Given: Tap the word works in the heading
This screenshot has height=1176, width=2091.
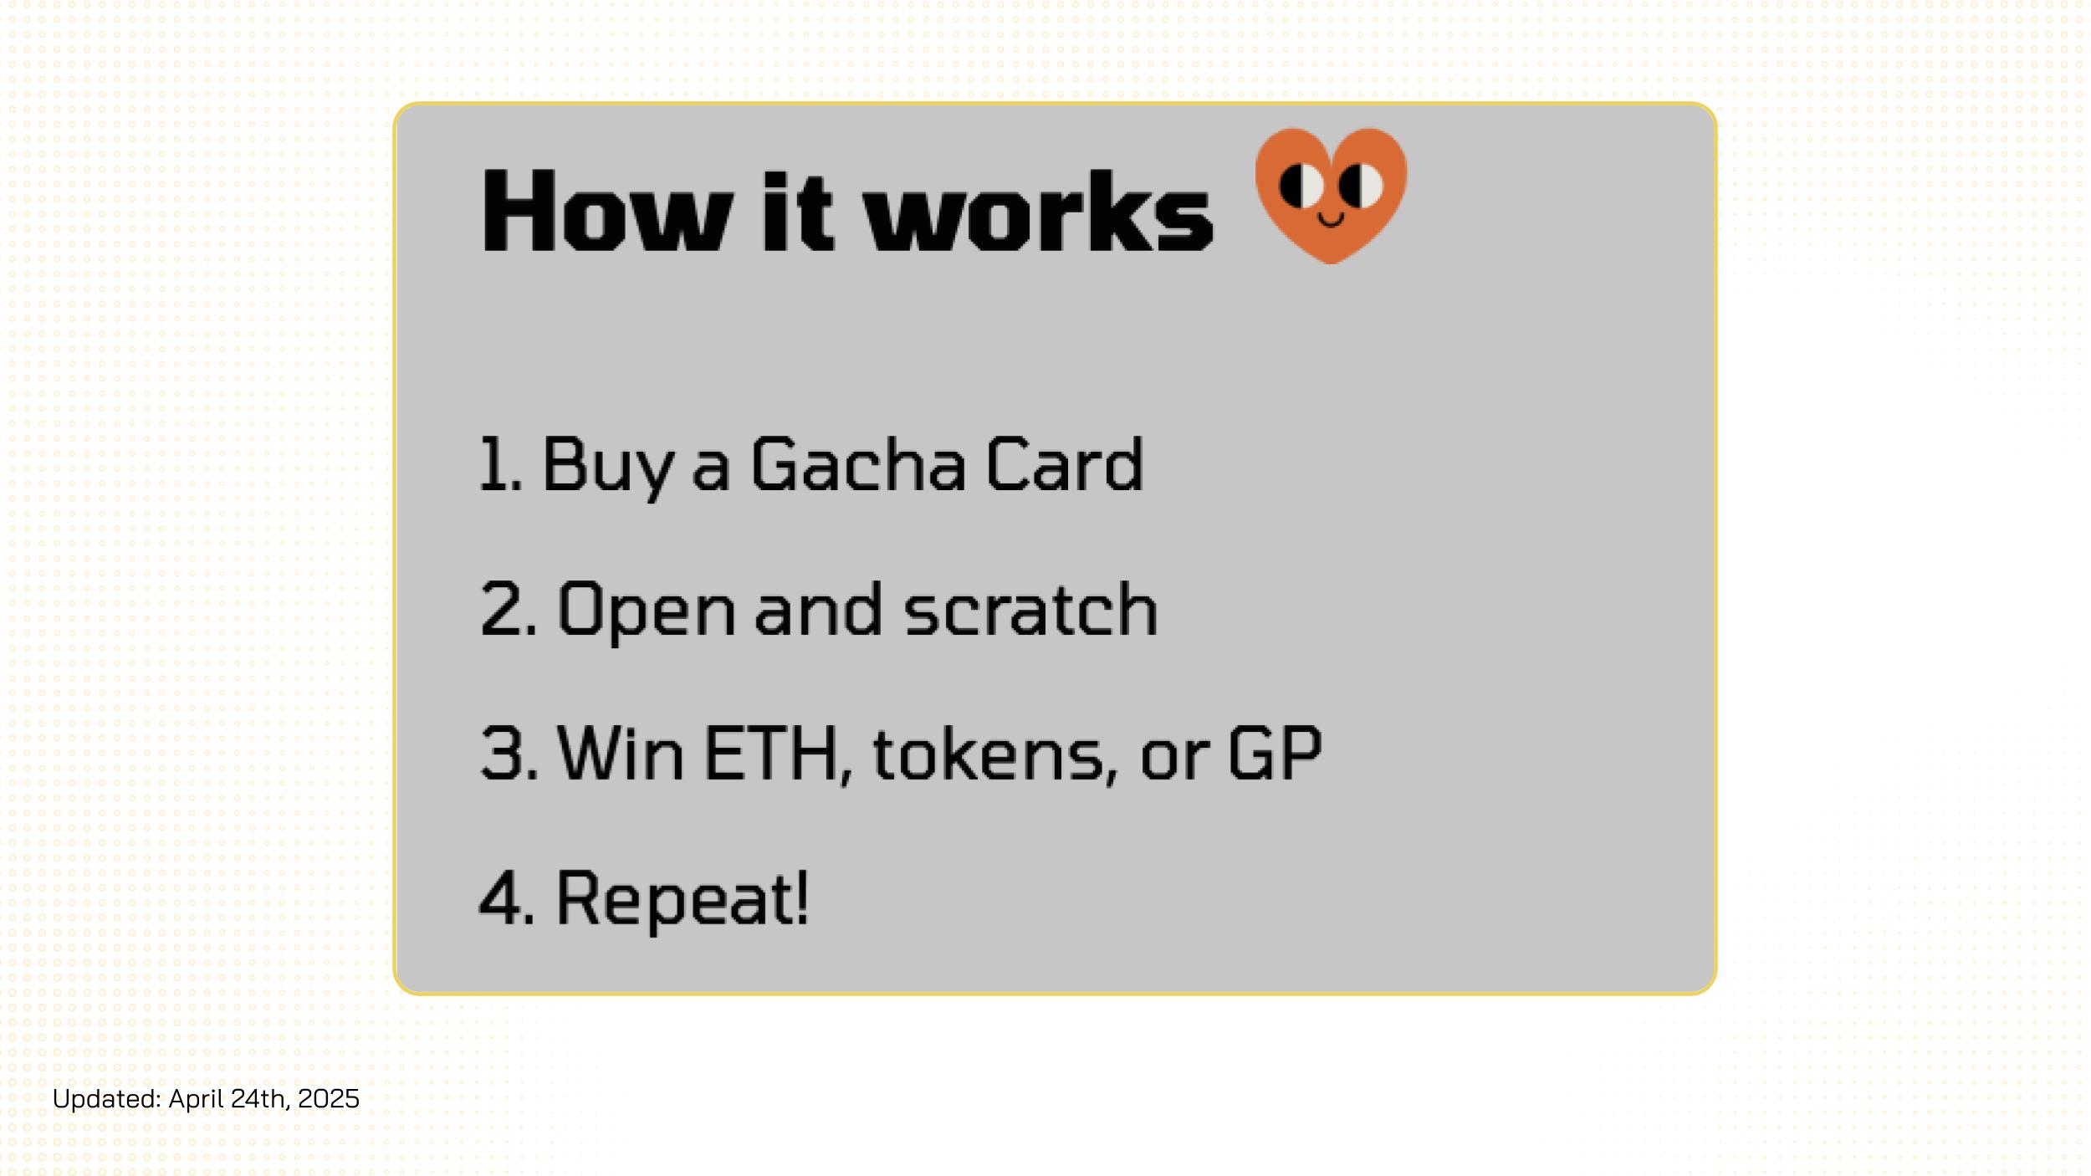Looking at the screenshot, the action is tap(1038, 210).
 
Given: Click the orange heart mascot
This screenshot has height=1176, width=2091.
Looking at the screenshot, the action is tap(1331, 196).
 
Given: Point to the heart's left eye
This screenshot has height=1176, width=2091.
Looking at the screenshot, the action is tap(1301, 186).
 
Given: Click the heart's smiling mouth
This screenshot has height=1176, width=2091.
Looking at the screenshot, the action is tap(1331, 220).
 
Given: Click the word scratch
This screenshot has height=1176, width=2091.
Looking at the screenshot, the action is tap(1031, 608).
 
